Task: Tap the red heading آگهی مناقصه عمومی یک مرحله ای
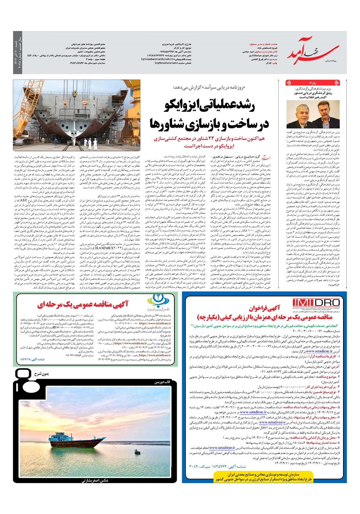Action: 83,305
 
